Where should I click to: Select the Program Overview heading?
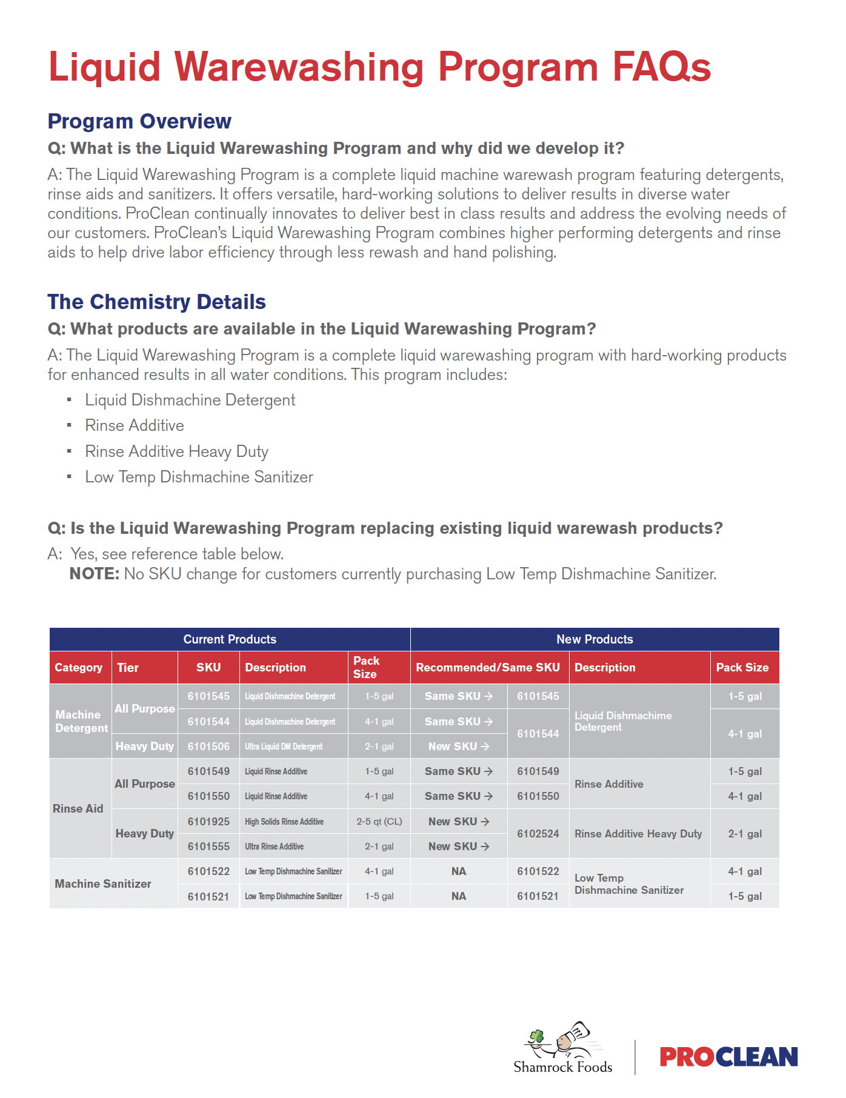click(x=139, y=121)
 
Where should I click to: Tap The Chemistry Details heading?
click(x=156, y=302)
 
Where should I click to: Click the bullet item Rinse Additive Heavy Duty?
click(x=176, y=451)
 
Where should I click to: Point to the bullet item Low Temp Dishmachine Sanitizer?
click(x=199, y=477)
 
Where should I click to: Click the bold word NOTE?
click(x=94, y=574)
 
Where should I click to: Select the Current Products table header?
click(x=230, y=639)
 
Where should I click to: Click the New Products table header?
click(x=595, y=639)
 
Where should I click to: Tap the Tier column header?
click(x=128, y=667)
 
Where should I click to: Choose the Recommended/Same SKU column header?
click(x=488, y=667)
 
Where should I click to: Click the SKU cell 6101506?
click(x=208, y=747)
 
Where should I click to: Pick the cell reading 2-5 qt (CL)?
click(x=379, y=822)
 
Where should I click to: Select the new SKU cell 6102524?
click(x=538, y=834)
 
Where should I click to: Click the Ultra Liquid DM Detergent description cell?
click(x=284, y=747)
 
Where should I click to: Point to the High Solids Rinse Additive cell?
click(x=284, y=822)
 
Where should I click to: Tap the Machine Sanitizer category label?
click(x=103, y=883)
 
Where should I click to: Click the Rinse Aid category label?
click(x=78, y=808)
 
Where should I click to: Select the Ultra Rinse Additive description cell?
click(x=275, y=847)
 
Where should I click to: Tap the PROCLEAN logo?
click(x=728, y=1057)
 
